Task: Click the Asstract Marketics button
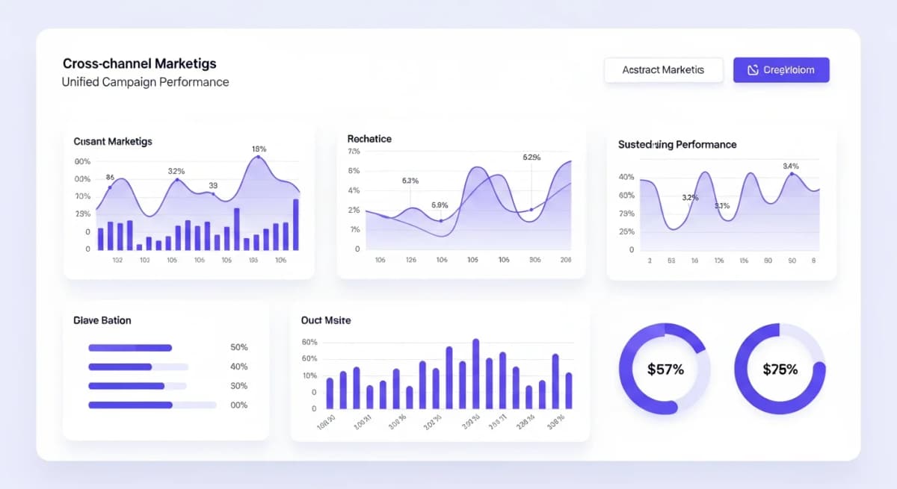[x=663, y=70]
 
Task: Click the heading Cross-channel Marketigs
[x=139, y=64]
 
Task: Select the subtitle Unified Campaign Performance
[x=145, y=82]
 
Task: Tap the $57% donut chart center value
[x=665, y=370]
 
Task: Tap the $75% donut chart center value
[x=780, y=370]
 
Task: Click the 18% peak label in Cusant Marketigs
[x=259, y=149]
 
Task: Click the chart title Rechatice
[x=369, y=139]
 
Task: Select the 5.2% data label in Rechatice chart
[x=531, y=158]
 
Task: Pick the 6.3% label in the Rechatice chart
[x=410, y=181]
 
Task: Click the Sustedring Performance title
[x=676, y=145]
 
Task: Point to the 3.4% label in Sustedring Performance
[x=790, y=166]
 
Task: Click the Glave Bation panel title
[x=102, y=320]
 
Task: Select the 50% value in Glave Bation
[x=238, y=348]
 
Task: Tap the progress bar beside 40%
[x=138, y=367]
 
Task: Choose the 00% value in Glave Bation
[x=238, y=405]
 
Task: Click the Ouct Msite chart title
[x=325, y=320]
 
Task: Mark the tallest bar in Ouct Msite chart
[x=475, y=374]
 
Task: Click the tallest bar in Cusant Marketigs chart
[x=296, y=225]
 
